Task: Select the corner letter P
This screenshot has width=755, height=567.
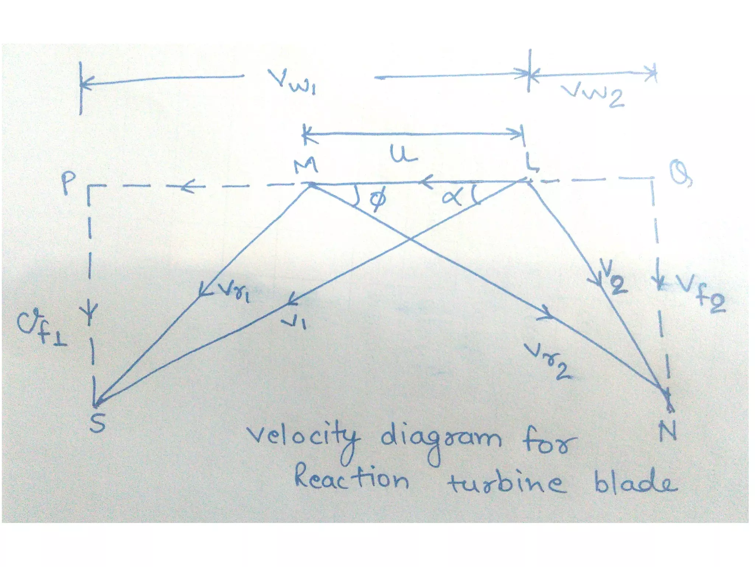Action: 68,183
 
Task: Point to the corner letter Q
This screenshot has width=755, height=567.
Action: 680,175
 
